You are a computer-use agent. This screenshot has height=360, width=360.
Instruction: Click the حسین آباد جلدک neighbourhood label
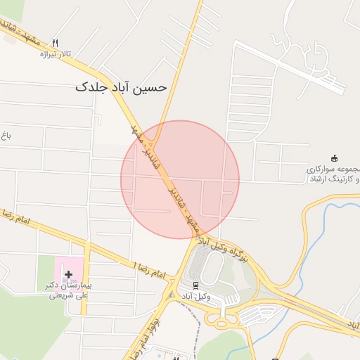121,87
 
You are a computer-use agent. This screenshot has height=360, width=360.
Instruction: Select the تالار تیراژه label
56,54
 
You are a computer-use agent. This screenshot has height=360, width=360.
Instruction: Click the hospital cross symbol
68,274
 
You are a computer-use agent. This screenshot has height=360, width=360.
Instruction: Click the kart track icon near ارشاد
334,157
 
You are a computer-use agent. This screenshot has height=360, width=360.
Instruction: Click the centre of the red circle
180,179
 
